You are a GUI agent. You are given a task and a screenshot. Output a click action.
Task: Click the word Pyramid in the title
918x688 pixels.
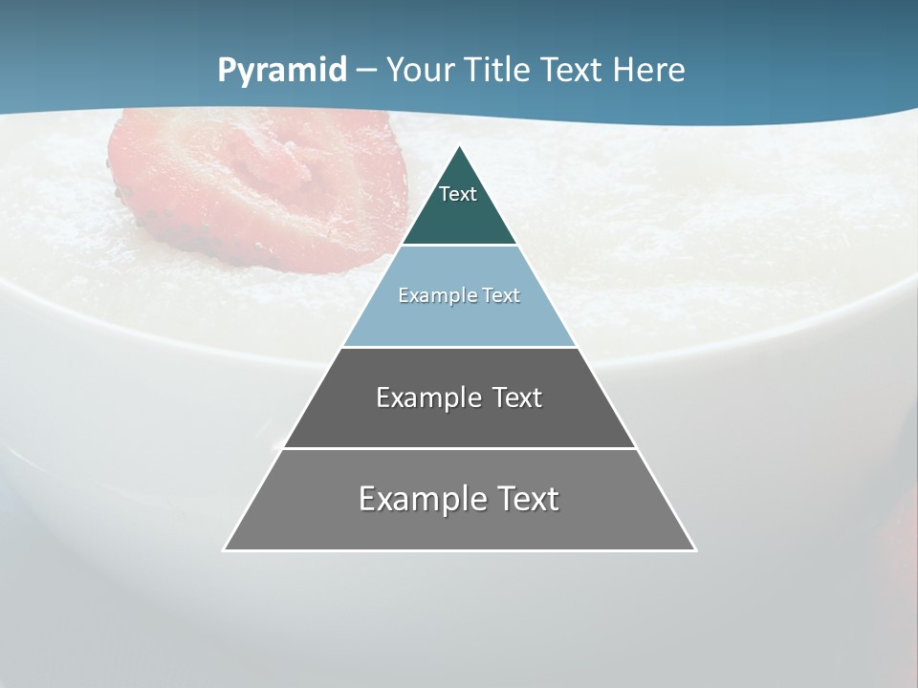click(282, 71)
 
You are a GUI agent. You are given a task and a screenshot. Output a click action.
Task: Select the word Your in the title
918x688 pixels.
click(420, 71)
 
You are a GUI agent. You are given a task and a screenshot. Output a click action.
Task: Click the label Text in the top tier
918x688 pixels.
click(458, 194)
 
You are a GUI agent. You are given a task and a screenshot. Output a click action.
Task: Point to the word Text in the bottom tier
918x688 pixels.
click(528, 499)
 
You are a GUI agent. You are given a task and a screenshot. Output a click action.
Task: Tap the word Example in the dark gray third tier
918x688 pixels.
click(427, 398)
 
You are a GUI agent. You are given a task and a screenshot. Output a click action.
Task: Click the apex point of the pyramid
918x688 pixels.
click(460, 148)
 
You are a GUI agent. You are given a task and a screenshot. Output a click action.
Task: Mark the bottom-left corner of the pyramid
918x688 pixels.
click(226, 549)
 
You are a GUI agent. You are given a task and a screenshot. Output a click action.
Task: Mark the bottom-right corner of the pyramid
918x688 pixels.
click(694, 549)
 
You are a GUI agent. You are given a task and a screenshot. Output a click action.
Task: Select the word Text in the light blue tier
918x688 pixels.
click(498, 295)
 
